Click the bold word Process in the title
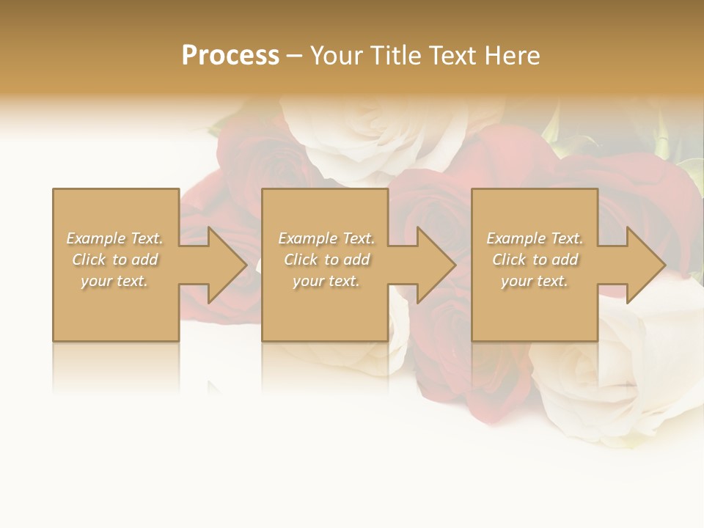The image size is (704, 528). point(230,56)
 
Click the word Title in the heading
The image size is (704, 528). point(395,56)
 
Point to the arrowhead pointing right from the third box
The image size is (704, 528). point(637,265)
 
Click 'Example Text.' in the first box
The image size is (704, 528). point(114,238)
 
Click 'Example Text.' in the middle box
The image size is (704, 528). point(326,238)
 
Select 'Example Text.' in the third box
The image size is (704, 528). point(535,238)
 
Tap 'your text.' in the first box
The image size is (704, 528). point(114,281)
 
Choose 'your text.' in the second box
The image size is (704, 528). point(326,281)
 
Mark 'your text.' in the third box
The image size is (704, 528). point(535,281)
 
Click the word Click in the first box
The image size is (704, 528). point(89,260)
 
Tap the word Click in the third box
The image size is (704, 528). point(509,260)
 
